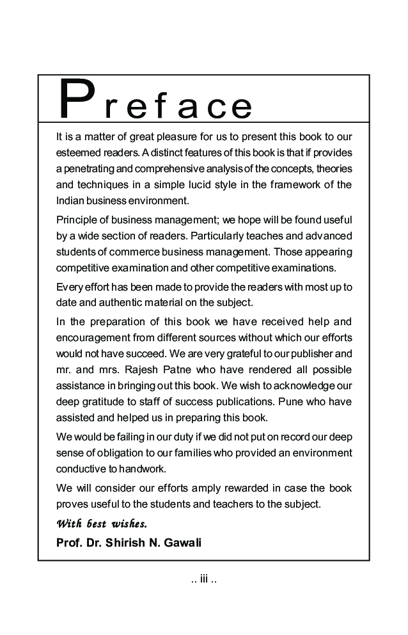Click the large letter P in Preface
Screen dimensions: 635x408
click(74, 100)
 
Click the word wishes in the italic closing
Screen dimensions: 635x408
click(129, 524)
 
